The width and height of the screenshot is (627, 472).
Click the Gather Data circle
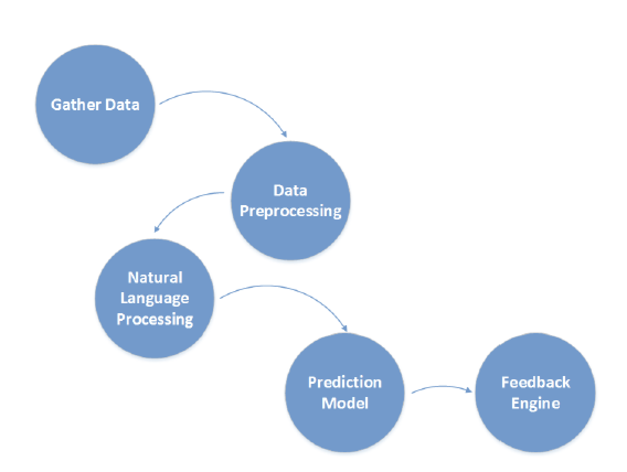[x=95, y=104]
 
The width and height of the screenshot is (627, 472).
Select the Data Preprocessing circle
[x=291, y=201]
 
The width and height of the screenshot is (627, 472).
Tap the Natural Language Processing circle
[x=155, y=298]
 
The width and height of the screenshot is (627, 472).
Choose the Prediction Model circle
[x=345, y=393]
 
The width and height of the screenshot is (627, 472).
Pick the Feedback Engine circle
[x=535, y=393]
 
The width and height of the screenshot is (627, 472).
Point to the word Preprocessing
[x=291, y=211]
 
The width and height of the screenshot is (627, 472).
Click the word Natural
[x=155, y=277]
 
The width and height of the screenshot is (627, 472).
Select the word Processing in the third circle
[x=155, y=319]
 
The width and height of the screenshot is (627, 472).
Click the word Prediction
[x=345, y=382]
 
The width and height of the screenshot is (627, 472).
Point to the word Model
[x=345, y=403]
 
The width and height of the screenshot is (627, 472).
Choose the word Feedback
[x=535, y=382]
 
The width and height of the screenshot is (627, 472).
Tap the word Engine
[x=535, y=403]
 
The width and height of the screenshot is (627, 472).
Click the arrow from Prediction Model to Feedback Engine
[x=442, y=386]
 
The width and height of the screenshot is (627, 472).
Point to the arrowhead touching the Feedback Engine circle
[x=469, y=390]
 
